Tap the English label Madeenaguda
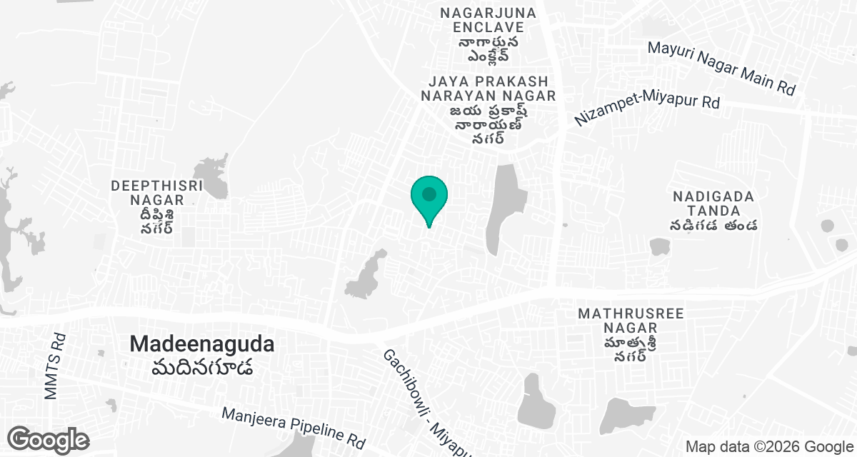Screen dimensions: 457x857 tap(202, 344)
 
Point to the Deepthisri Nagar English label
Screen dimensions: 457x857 tap(157, 193)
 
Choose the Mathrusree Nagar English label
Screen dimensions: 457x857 tap(631, 321)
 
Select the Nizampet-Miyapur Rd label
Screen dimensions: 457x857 tap(647, 111)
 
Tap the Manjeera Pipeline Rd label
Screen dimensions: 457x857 tap(294, 426)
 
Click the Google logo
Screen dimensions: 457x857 tap(49, 439)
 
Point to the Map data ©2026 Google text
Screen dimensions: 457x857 tap(768, 447)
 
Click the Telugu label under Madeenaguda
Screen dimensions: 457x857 tap(202, 368)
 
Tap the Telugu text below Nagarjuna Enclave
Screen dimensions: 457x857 tap(489, 49)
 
